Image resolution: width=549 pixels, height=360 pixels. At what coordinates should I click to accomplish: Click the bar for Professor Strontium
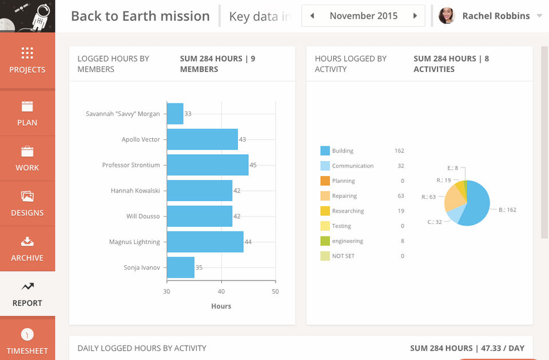pos(208,165)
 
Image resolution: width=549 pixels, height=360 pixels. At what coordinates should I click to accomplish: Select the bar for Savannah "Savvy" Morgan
pos(175,114)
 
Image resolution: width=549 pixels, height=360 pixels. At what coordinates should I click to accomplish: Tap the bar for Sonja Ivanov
pos(181,267)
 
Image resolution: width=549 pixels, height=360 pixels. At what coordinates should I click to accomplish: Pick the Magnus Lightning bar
pos(205,242)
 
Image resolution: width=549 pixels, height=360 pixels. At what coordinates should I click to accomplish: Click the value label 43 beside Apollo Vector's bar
pos(242,139)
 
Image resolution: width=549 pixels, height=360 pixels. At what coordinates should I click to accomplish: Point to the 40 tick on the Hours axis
pos(221,291)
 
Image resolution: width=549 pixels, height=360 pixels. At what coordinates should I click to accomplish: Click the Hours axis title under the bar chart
pos(221,306)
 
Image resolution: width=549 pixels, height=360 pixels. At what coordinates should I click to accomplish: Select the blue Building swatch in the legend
pos(325,151)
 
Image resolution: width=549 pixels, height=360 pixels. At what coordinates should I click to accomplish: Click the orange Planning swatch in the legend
pos(325,181)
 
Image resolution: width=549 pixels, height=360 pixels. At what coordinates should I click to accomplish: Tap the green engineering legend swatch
pos(325,241)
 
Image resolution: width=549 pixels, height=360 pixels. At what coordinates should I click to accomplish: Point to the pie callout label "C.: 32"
pos(435,222)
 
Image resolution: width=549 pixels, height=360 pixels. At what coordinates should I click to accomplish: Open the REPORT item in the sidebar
pos(27,294)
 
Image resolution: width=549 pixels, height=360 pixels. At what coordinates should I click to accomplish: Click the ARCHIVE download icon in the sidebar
pos(27,242)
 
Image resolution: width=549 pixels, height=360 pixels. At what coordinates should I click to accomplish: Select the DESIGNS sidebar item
pos(27,203)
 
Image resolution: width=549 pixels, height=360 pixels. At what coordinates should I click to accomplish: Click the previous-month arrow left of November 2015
pos(312,16)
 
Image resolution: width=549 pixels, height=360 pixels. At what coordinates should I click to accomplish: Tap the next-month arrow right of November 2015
pos(415,16)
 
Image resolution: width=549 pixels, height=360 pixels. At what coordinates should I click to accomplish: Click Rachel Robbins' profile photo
pos(447,16)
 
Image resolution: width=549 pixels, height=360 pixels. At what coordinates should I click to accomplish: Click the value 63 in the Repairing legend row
pos(400,196)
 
